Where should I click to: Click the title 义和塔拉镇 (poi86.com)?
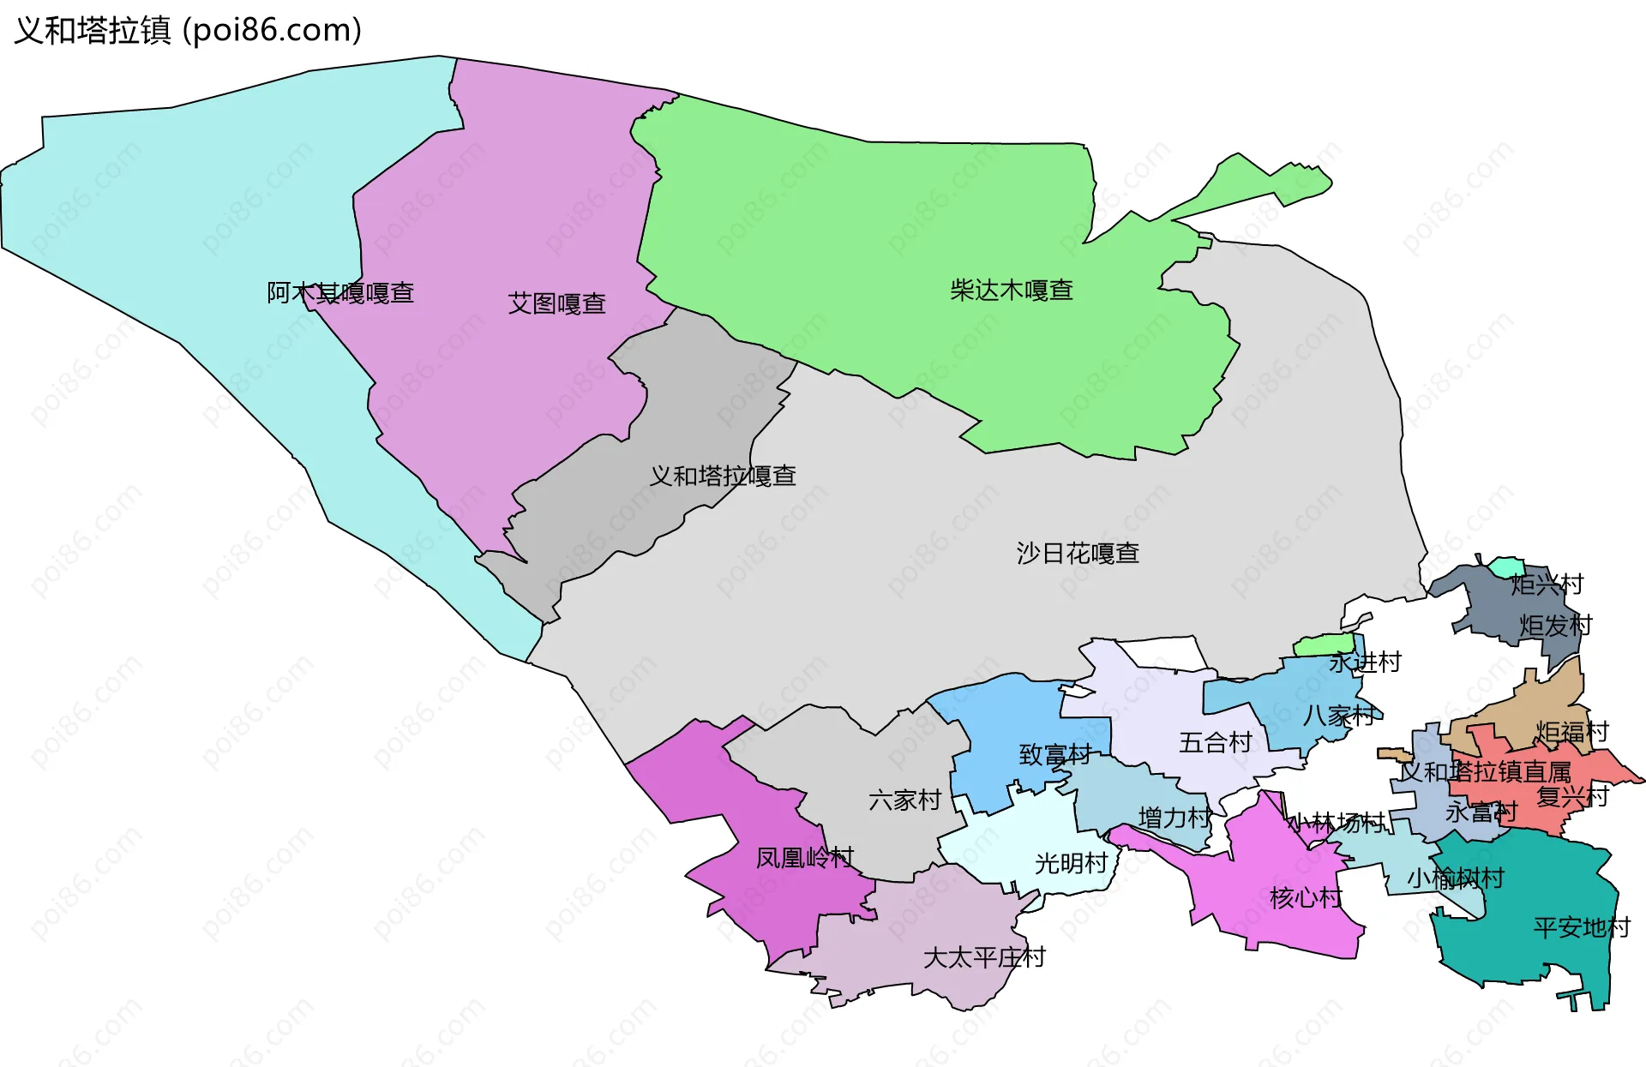189,30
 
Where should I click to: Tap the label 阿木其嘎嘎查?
340,293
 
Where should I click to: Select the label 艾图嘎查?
556,303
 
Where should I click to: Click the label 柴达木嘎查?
1011,291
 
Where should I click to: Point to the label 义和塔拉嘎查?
722,476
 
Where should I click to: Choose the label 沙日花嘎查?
1078,553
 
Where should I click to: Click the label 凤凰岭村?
804,858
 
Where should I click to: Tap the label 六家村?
904,800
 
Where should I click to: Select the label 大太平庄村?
983,957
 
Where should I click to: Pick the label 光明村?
1071,863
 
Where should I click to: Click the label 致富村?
1054,755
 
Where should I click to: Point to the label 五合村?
1215,742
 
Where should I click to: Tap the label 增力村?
1174,818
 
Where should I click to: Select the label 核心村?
1305,898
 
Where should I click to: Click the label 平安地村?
1581,927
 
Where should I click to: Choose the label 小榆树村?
1455,878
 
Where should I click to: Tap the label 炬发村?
1555,626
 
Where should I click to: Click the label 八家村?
1338,715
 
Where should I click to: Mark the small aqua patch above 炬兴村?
1506,567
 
